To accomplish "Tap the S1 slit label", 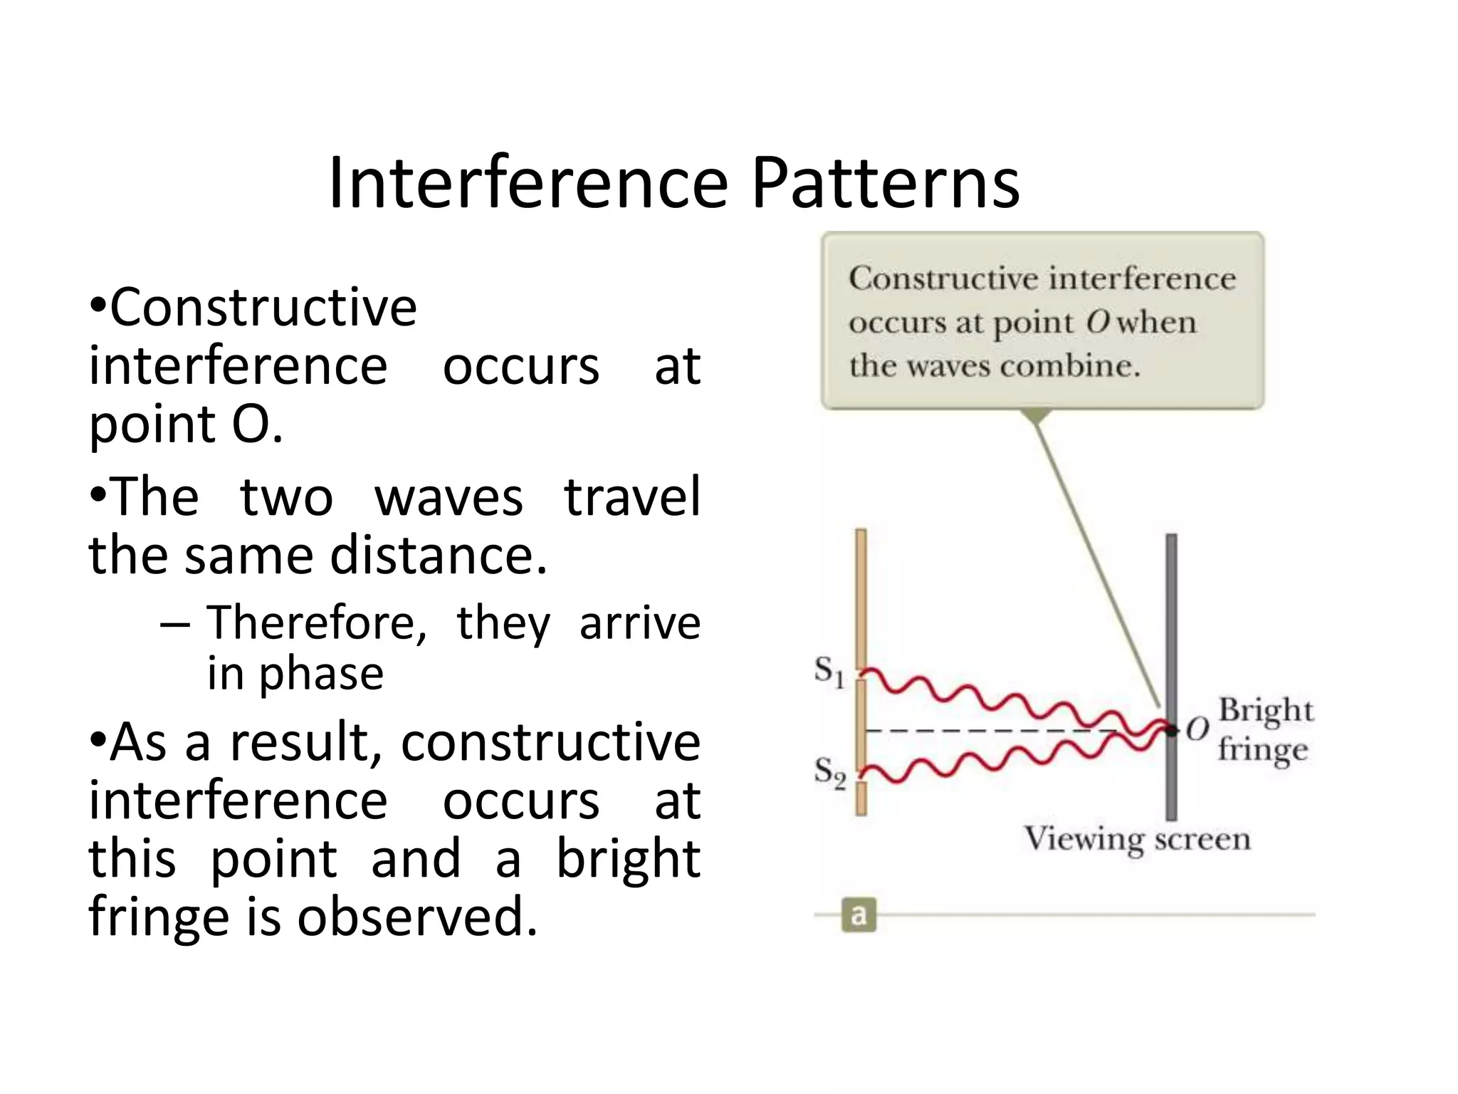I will click(829, 672).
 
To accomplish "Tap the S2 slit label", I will click(829, 772).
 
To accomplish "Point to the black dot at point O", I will click(1171, 730).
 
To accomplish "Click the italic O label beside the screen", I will click(1197, 729).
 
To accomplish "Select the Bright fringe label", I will click(1264, 729).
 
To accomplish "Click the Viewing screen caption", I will click(1137, 838).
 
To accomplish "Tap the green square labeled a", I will click(859, 915).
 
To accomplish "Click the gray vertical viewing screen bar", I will click(1171, 627).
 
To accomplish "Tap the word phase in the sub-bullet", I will click(321, 674).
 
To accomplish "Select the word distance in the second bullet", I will click(439, 555).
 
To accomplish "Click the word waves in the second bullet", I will click(449, 497).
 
